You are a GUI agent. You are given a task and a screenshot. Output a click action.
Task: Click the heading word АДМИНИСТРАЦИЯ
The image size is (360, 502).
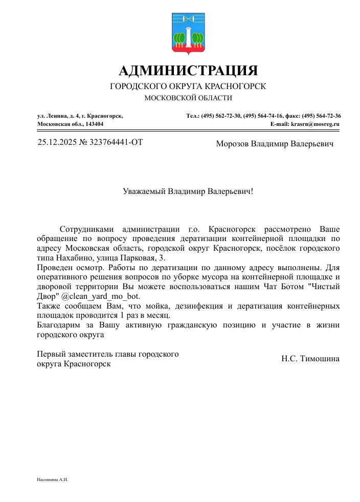point(188,70)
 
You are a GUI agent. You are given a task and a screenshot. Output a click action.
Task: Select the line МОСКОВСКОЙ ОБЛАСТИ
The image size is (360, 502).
point(188,98)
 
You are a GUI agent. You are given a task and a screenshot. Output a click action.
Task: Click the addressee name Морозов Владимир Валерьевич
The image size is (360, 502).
point(275,144)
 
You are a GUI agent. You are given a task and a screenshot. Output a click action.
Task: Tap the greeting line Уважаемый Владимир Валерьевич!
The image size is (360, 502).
point(188,192)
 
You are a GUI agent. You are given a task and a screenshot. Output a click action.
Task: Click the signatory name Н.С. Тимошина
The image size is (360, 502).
point(310,359)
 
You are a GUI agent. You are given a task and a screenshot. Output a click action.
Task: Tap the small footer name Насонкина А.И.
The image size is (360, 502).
point(53,480)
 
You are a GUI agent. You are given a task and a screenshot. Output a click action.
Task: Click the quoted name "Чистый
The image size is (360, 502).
point(325,287)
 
